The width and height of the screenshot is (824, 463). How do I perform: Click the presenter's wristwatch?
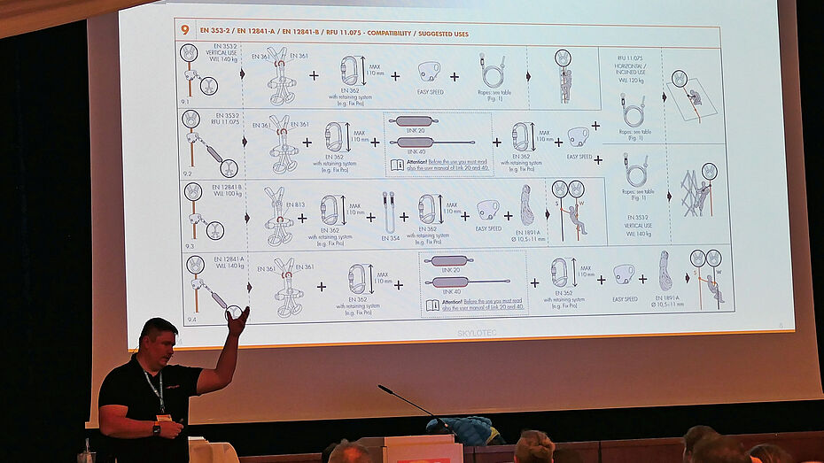(x=157, y=428)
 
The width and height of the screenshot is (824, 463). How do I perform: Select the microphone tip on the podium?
(x=382, y=388)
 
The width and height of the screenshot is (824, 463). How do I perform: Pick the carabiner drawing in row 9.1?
(x=349, y=71)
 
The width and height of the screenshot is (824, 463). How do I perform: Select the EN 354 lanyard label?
(x=390, y=237)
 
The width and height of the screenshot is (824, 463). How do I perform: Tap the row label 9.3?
(x=190, y=245)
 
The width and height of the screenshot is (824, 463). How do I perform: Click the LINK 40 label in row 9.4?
(x=452, y=292)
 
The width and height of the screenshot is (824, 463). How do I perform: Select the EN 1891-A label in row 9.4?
(x=666, y=297)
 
